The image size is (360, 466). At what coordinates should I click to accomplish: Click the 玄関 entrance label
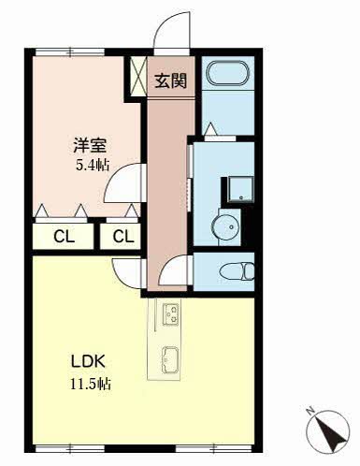tap(171, 80)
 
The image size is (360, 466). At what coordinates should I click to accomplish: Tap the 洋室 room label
tap(90, 145)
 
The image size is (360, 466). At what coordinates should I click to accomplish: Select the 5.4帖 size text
tap(93, 165)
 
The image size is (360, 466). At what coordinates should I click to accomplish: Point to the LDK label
tap(88, 361)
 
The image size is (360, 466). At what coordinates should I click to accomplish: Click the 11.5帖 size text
tap(91, 384)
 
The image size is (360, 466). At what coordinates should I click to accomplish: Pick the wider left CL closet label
tap(64, 237)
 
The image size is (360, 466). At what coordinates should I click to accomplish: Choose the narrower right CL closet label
tap(123, 237)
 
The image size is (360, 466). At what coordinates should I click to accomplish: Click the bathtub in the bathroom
tap(228, 74)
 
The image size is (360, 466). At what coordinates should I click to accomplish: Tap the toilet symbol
tap(237, 271)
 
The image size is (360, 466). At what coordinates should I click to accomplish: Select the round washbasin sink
tap(225, 226)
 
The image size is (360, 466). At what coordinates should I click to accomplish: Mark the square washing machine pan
tap(240, 189)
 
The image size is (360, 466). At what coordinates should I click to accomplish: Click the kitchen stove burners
tap(170, 314)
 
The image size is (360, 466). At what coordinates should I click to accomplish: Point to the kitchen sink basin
tap(170, 360)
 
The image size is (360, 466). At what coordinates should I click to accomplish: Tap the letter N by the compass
tap(310, 410)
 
